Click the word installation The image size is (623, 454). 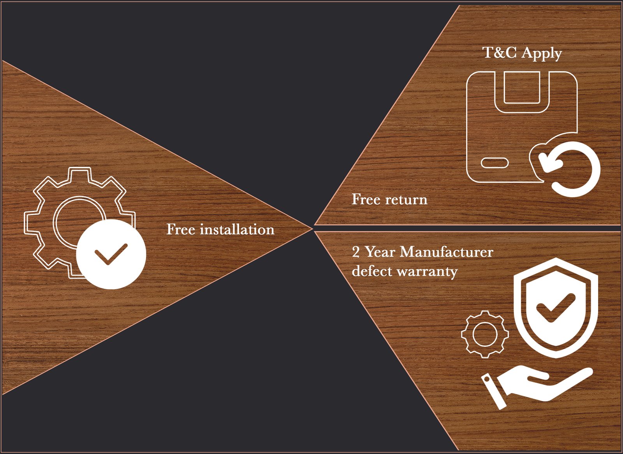237,230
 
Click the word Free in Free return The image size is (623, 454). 366,199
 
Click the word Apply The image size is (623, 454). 542,53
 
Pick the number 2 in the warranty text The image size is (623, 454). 356,252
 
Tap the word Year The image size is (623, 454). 380,252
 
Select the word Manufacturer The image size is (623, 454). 447,252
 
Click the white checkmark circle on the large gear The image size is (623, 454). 111,254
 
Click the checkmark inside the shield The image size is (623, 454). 555,308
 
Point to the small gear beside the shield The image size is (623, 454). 485,334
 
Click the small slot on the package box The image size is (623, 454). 495,163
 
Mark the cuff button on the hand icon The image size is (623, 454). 487,378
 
